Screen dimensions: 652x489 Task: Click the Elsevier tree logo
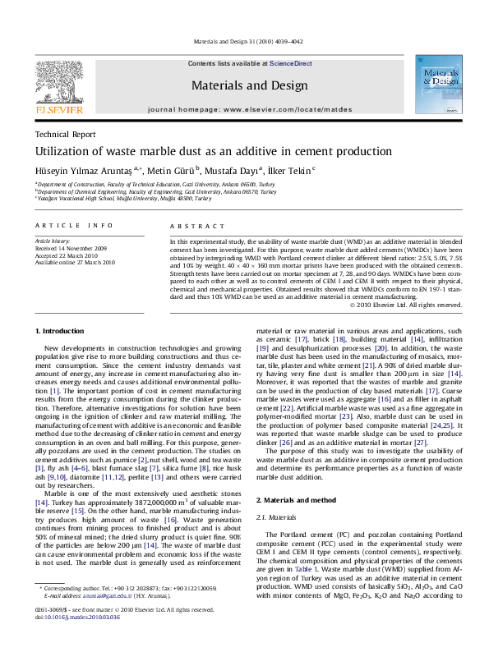(57, 80)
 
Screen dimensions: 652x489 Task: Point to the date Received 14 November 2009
(70, 248)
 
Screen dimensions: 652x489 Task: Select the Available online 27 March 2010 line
(75, 262)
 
